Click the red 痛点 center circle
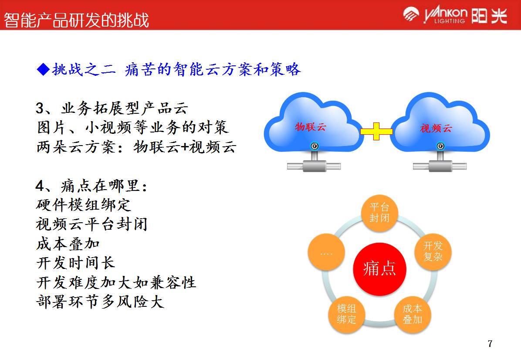pyautogui.click(x=379, y=269)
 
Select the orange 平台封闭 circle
pyautogui.click(x=379, y=212)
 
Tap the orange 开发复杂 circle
pyautogui.click(x=433, y=251)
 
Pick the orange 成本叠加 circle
pyautogui.click(x=412, y=314)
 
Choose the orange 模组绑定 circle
pyautogui.click(x=346, y=314)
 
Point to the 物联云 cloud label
pyautogui.click(x=311, y=127)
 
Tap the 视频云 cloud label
pyautogui.click(x=436, y=128)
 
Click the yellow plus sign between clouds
pyautogui.click(x=376, y=131)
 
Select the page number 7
pyautogui.click(x=490, y=344)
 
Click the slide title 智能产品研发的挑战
pyautogui.click(x=77, y=20)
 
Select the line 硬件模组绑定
pyautogui.click(x=83, y=205)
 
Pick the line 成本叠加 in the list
pyautogui.click(x=68, y=244)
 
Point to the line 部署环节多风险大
pyautogui.click(x=100, y=302)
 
